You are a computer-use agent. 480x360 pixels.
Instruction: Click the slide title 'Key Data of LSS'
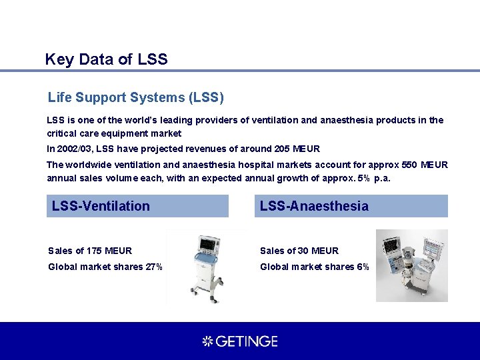[x=106, y=59]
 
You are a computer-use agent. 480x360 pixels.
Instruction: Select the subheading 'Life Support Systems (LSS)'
[x=136, y=98]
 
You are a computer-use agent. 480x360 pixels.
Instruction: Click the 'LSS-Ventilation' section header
[x=101, y=206]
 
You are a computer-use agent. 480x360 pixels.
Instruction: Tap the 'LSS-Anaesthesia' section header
[x=314, y=206]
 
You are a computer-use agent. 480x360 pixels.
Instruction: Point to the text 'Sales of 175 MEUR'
[x=90, y=251]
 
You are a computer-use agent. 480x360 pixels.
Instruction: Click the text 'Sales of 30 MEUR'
[x=299, y=251]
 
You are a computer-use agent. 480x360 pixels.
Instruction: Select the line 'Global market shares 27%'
[x=105, y=267]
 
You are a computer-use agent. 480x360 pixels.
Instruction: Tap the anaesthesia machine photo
[x=411, y=265]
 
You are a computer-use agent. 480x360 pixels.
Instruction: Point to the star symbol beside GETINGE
[x=207, y=341]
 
